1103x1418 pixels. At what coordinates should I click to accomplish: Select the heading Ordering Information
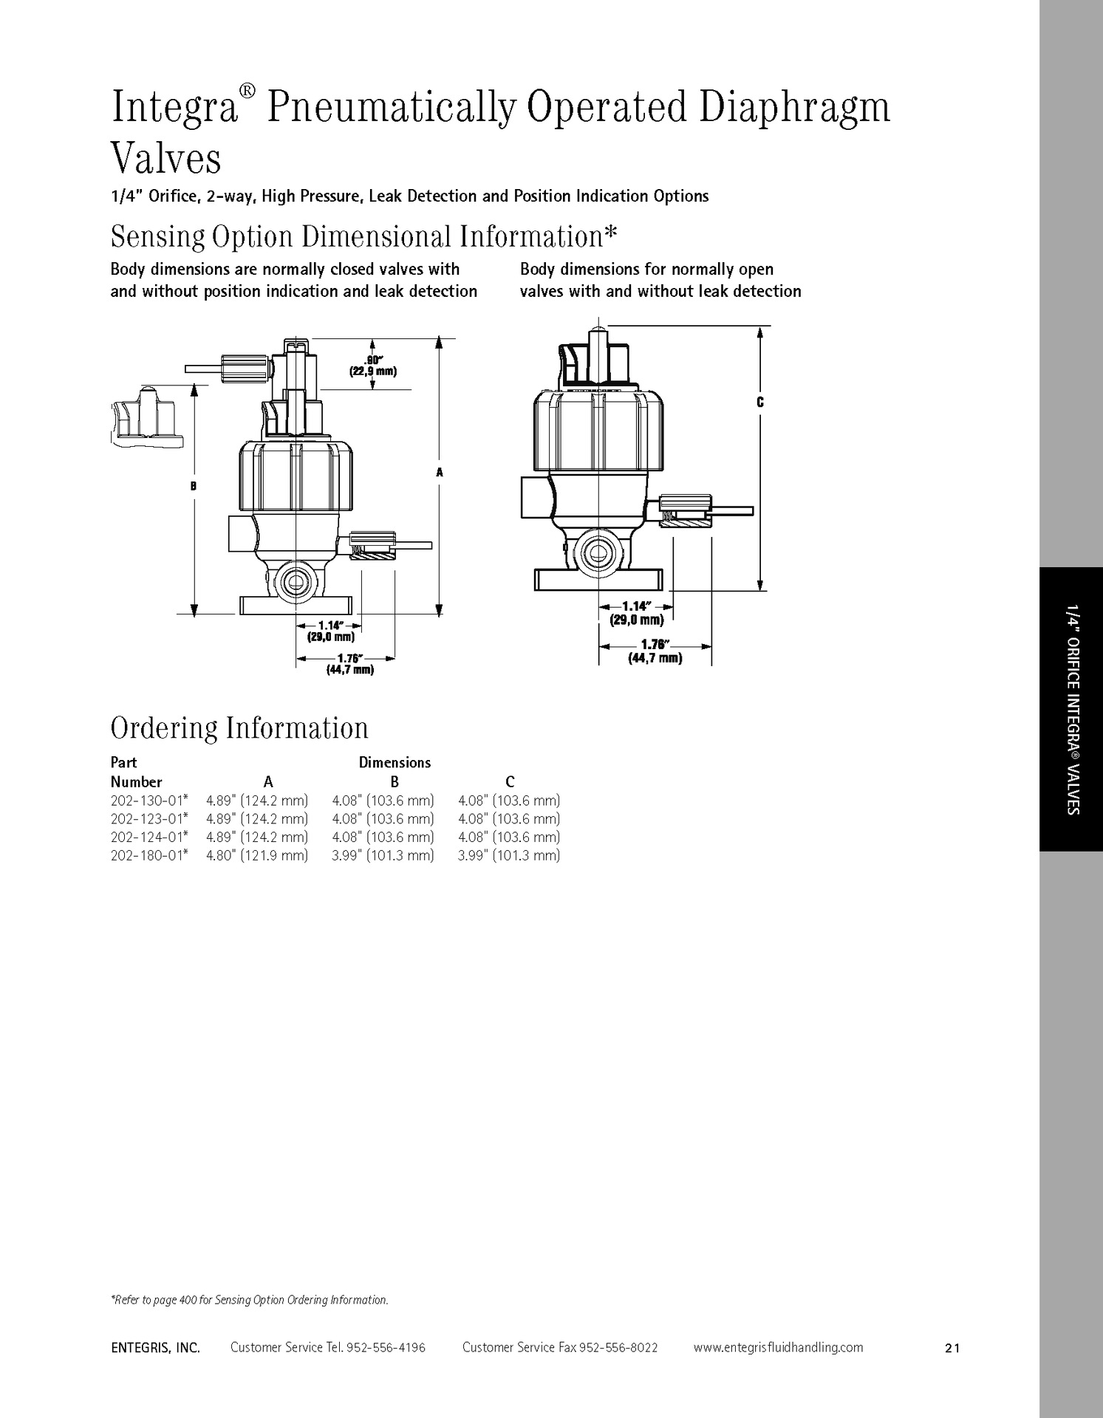click(x=239, y=728)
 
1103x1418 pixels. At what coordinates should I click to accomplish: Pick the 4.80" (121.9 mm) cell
click(x=257, y=855)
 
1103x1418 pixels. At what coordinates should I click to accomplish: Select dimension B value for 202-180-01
click(x=383, y=855)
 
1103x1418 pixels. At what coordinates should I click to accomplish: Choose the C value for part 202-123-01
click(x=509, y=819)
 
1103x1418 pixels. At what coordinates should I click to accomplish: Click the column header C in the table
click(x=510, y=781)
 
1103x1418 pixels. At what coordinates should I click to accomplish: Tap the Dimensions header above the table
click(x=395, y=762)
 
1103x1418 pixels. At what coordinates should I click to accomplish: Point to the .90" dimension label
click(x=373, y=361)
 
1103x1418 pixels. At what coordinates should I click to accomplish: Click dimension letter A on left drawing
click(x=439, y=472)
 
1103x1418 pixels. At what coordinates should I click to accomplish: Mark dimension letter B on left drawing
click(x=194, y=486)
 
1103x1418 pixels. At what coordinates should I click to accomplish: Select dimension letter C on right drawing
click(x=759, y=403)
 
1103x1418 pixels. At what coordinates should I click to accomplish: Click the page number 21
click(x=952, y=1348)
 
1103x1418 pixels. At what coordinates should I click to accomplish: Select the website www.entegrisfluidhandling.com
click(x=778, y=1347)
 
